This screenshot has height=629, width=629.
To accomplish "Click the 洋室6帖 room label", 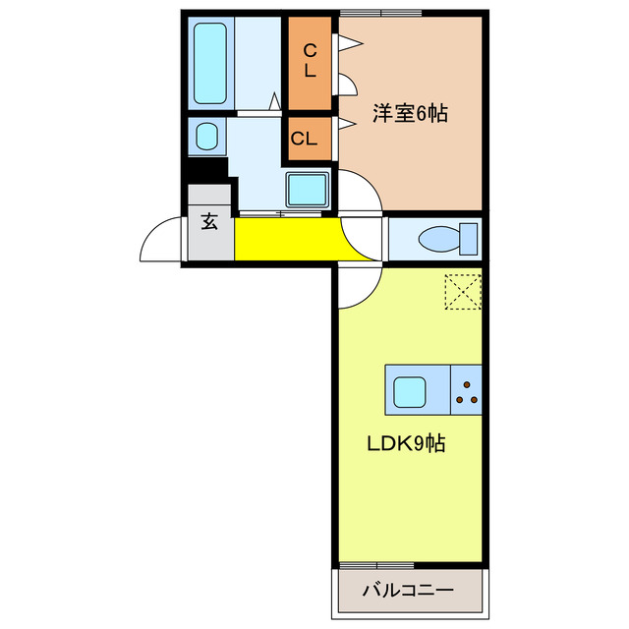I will coord(410,114).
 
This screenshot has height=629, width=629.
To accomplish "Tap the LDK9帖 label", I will coord(406,443).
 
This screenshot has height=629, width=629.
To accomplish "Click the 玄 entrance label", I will coord(209,222).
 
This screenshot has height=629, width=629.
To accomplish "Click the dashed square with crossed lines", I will coord(461,291).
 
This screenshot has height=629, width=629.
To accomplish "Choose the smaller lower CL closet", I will coord(310,139).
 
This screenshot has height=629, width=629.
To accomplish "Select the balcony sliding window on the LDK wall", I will coord(376,565).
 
